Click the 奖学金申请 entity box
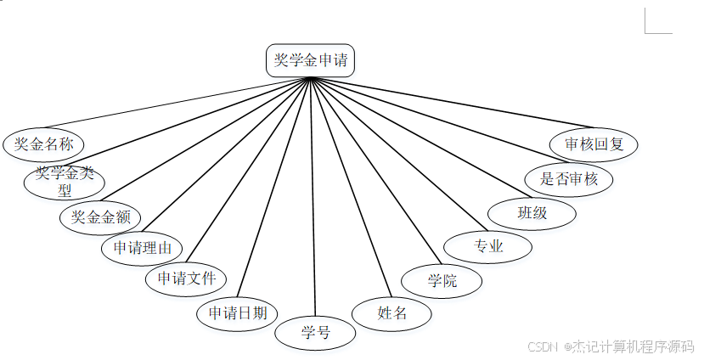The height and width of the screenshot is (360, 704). tap(310, 61)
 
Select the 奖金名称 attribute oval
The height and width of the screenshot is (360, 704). tap(44, 144)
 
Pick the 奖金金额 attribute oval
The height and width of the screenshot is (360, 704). tap(100, 217)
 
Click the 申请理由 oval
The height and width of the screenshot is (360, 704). tap(142, 248)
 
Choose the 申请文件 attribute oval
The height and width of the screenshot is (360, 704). tap(186, 278)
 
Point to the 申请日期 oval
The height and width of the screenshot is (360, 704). tap(238, 313)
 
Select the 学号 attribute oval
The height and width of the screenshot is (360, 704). tap(315, 332)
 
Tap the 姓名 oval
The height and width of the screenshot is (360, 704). tap(392, 312)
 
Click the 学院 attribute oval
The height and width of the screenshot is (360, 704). tap(442, 281)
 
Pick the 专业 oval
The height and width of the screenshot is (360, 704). tap(488, 247)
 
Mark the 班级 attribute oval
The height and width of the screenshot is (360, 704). tap(532, 212)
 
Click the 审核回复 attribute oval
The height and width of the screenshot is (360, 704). tap(594, 144)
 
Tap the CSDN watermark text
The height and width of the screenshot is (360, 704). tap(610, 346)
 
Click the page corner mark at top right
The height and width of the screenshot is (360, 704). tap(657, 21)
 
